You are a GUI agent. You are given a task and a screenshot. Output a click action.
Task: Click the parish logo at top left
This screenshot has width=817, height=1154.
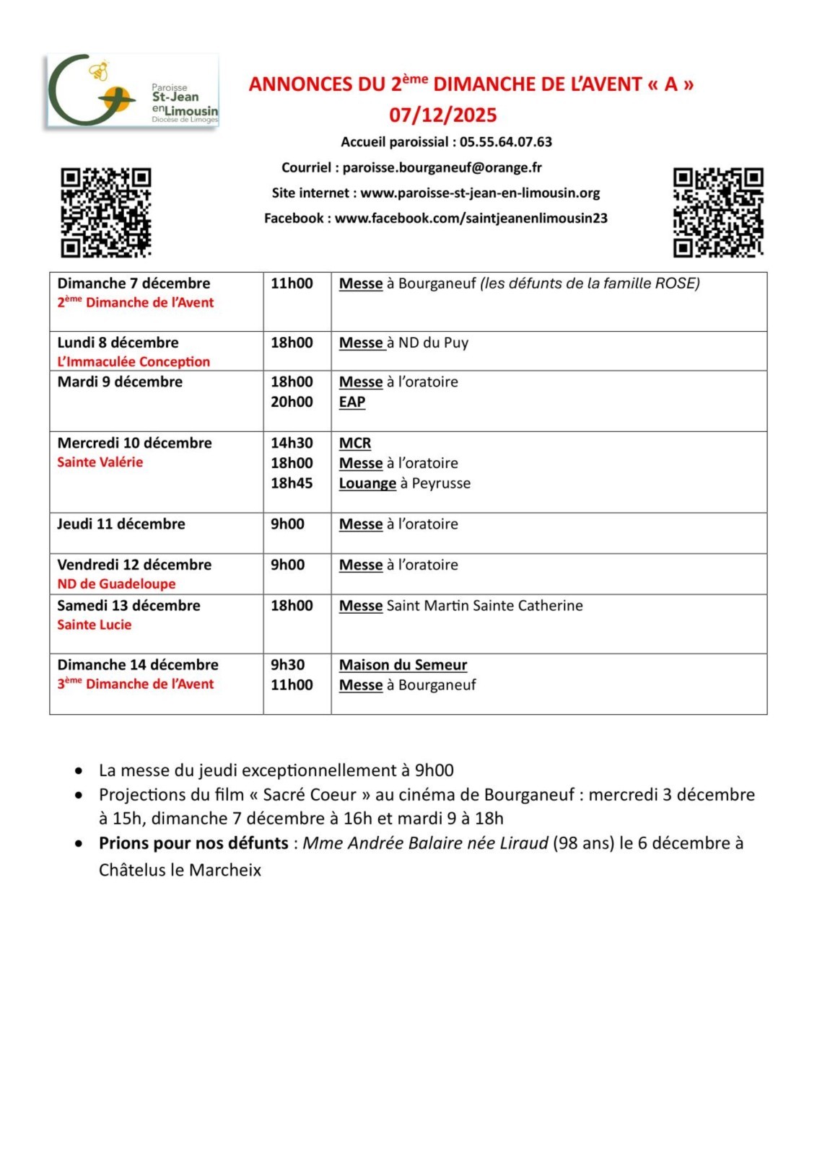click(132, 92)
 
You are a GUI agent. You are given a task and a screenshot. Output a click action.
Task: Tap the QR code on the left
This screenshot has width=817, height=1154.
click(105, 212)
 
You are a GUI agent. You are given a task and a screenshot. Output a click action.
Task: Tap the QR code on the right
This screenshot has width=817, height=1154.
click(718, 212)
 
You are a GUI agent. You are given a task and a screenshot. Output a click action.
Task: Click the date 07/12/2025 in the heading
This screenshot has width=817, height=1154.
click(443, 115)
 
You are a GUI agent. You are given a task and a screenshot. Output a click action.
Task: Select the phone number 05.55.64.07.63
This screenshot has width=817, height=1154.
click(506, 142)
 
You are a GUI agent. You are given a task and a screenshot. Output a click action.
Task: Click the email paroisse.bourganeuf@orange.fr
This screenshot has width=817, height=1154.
click(442, 167)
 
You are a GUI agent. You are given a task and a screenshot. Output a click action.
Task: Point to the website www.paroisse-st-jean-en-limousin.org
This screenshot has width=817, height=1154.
click(480, 193)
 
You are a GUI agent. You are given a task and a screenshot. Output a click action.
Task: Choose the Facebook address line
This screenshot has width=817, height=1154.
click(436, 218)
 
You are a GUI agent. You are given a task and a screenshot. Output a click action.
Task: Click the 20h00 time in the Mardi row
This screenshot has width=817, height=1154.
click(292, 402)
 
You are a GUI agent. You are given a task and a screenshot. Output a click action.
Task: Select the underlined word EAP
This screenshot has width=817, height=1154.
click(352, 402)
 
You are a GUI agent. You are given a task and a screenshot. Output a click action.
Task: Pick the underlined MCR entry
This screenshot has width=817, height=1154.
click(355, 443)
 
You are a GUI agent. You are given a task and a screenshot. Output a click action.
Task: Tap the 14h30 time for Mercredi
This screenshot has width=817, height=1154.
click(292, 443)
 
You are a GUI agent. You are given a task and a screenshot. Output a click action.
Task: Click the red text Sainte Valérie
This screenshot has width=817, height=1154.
click(100, 462)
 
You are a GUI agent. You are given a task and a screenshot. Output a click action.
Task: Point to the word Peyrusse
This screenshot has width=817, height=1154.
click(441, 483)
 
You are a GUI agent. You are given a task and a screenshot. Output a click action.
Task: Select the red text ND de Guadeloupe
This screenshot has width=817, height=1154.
click(116, 584)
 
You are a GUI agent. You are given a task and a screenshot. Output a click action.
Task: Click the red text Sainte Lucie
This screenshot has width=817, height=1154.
click(95, 625)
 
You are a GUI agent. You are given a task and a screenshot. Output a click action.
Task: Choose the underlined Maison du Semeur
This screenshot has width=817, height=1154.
click(403, 665)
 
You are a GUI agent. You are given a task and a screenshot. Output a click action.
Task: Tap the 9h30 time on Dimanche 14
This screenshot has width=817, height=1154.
click(287, 665)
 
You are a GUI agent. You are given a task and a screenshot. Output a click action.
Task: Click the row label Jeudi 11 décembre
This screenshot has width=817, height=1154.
click(121, 524)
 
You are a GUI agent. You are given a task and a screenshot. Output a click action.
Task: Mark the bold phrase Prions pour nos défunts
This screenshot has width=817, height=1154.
click(193, 843)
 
